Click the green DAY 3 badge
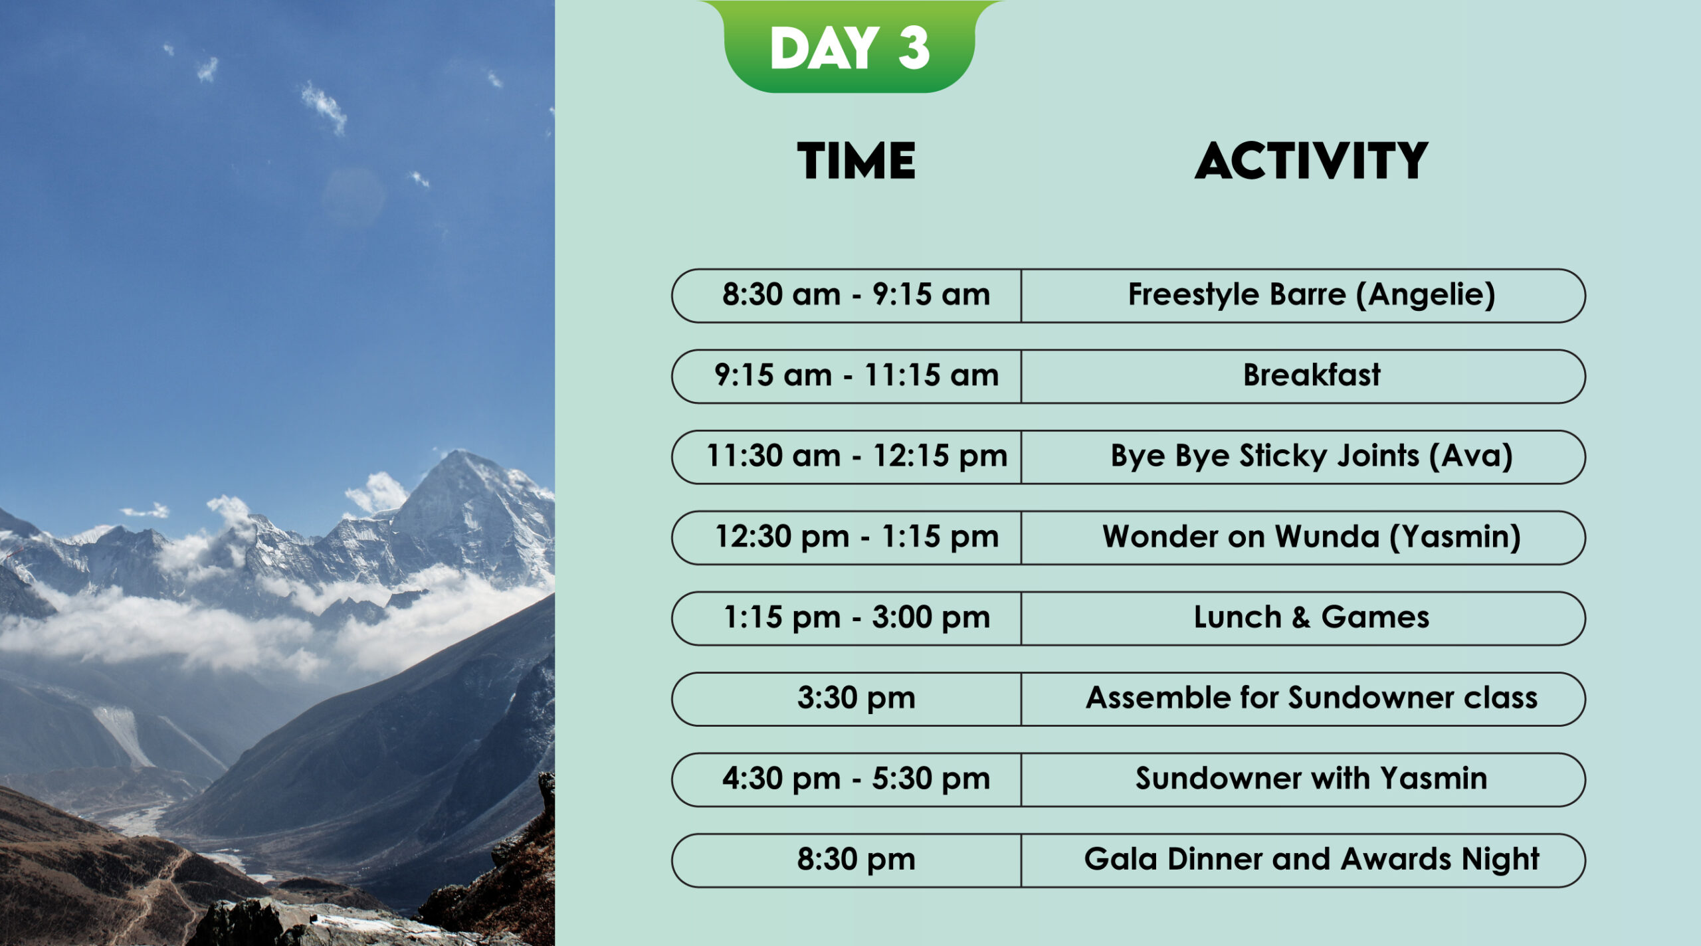click(850, 47)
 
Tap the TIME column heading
click(856, 161)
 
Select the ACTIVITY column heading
click(1311, 161)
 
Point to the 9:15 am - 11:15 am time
click(856, 375)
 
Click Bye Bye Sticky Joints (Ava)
click(1311, 456)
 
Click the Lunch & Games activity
click(1311, 617)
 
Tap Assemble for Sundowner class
click(1311, 698)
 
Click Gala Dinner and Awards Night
click(1311, 860)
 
